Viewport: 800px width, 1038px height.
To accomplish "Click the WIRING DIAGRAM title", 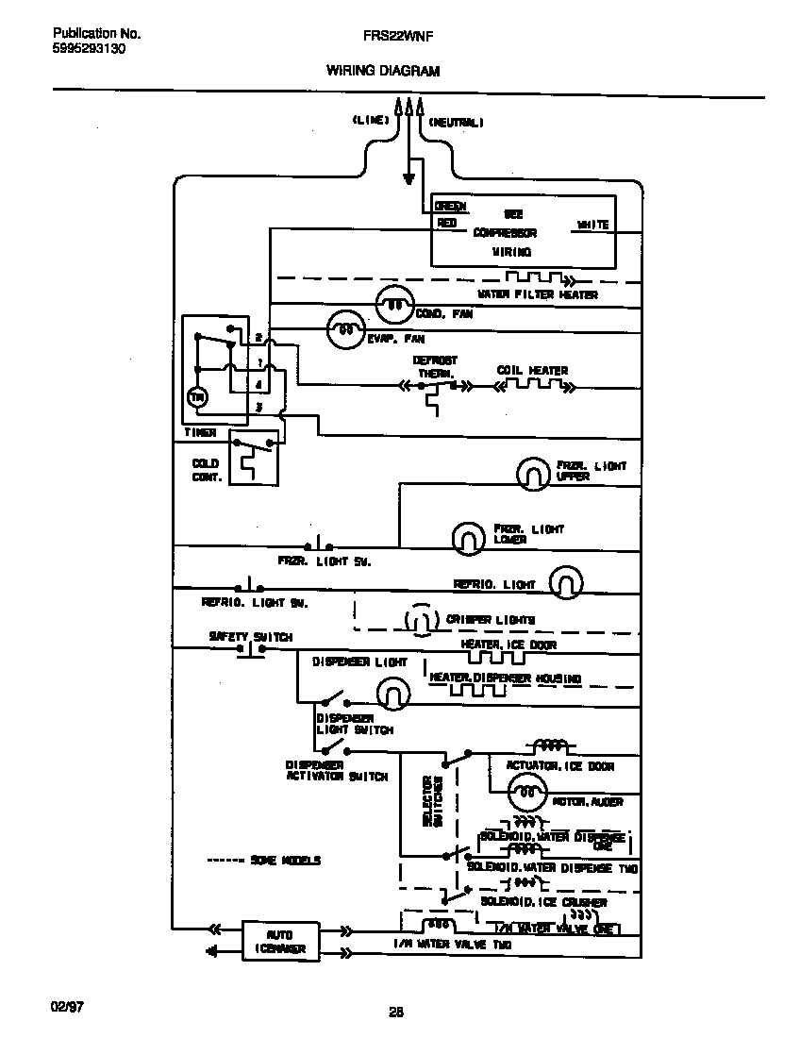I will [x=382, y=71].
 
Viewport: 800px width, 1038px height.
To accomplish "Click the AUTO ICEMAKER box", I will [x=280, y=940].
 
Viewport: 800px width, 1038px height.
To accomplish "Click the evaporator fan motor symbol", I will [x=345, y=329].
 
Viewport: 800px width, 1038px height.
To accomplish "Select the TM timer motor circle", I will [x=198, y=397].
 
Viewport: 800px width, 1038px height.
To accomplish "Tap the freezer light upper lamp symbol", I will [x=533, y=472].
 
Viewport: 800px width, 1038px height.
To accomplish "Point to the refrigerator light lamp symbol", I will [x=565, y=583].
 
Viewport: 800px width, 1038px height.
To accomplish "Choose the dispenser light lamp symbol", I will [x=392, y=695].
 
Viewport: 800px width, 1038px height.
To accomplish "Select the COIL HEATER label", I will [x=532, y=371].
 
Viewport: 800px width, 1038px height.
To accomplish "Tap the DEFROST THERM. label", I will [x=434, y=367].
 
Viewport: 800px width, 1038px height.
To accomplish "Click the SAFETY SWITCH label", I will [x=250, y=637].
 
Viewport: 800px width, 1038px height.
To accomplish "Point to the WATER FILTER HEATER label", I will [x=537, y=294].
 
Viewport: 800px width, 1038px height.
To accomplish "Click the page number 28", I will [x=396, y=1013].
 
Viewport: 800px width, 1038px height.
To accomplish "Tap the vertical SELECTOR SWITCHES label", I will [x=432, y=801].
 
